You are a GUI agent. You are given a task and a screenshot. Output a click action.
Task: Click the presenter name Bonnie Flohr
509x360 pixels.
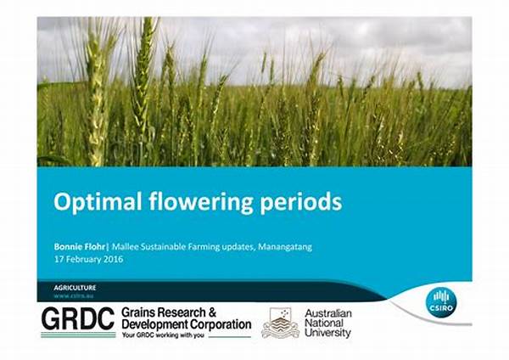[78, 246]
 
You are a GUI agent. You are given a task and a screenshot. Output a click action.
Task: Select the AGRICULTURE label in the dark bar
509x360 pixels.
[75, 287]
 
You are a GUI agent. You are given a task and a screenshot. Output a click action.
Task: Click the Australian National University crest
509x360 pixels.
[280, 323]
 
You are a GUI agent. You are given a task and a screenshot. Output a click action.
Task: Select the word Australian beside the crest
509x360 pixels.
[327, 313]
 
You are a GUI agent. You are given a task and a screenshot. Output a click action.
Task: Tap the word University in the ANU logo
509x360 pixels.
[327, 334]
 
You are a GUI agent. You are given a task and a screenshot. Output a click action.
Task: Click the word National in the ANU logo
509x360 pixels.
[324, 323]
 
